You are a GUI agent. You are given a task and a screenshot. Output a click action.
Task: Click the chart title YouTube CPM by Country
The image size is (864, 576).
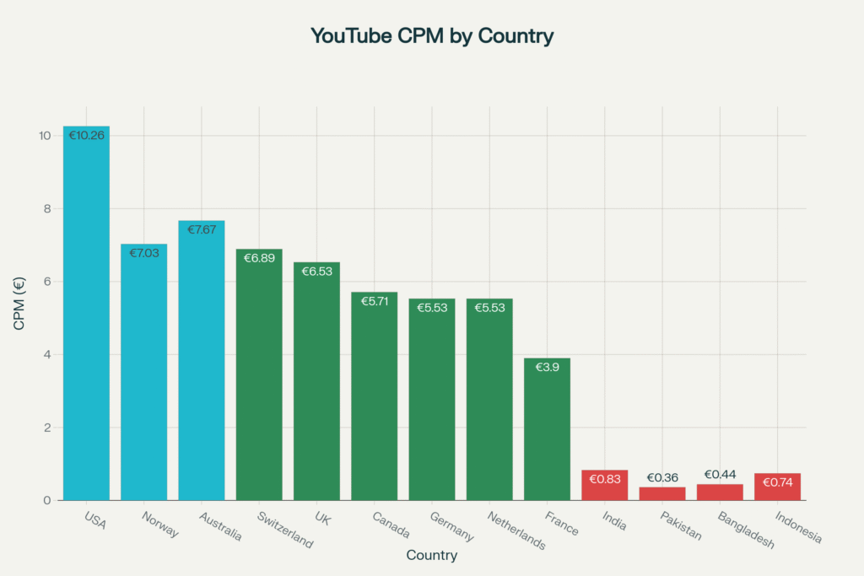click(x=431, y=36)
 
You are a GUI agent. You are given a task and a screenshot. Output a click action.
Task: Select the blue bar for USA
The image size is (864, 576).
click(x=86, y=320)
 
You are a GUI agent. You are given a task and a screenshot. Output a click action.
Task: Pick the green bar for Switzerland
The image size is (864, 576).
click(x=259, y=380)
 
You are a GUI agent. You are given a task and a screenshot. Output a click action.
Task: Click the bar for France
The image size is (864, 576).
click(x=547, y=430)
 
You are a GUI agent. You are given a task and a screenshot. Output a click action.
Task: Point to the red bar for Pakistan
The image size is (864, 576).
click(x=662, y=494)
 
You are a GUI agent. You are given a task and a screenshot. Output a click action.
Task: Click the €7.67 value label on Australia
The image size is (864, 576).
click(x=202, y=230)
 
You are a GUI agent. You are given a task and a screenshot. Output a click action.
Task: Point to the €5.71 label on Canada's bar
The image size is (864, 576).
click(x=374, y=301)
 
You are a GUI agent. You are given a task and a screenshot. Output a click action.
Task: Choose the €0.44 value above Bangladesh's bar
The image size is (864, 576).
click(x=720, y=475)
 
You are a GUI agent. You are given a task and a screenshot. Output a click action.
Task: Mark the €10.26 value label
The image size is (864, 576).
click(x=86, y=135)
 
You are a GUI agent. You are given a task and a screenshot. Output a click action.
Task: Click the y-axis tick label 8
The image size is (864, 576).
click(x=47, y=208)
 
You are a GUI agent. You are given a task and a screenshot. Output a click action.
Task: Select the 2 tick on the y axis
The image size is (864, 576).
click(x=47, y=428)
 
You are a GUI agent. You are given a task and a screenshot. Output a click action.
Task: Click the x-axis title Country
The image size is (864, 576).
click(x=431, y=555)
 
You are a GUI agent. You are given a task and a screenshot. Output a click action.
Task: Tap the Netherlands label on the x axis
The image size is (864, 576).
click(x=516, y=530)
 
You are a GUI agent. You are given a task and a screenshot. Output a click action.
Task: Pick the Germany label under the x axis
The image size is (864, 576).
click(x=451, y=527)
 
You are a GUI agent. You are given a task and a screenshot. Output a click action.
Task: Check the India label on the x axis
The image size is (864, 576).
click(x=613, y=521)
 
